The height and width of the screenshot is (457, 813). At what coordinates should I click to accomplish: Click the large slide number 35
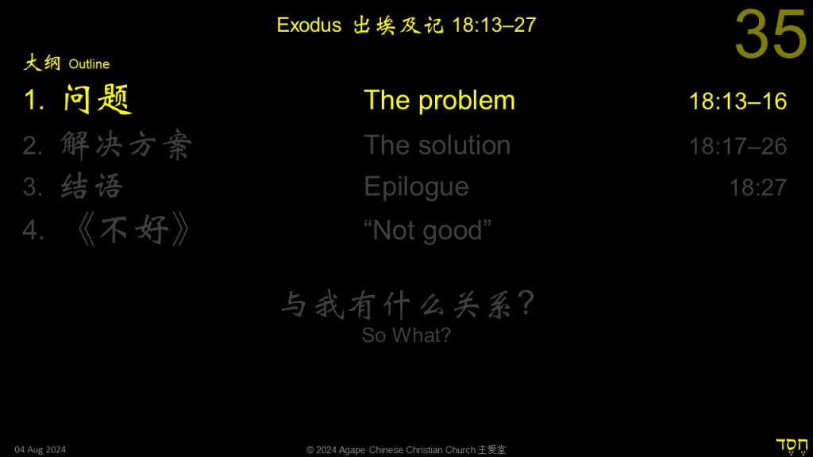coord(771,34)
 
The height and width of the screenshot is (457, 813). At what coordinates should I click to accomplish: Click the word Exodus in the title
coord(309,25)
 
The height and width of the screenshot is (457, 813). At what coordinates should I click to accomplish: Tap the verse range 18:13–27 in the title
coord(494,25)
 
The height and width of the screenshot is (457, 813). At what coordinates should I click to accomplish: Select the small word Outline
coord(89,64)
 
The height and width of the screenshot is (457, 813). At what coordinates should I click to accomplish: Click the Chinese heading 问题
coord(97,99)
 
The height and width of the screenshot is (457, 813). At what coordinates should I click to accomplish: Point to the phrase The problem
coord(439,100)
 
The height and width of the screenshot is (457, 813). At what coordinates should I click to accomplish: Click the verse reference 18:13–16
coord(738,102)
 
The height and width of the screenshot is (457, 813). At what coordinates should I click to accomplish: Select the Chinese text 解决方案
coord(126,144)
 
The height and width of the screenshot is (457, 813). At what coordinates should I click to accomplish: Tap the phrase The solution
coord(437,145)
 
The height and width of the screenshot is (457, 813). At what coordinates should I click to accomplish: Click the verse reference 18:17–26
coord(738,146)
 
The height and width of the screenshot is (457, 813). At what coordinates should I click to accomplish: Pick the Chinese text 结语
coord(92,186)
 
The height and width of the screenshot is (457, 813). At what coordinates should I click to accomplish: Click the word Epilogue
coord(416,187)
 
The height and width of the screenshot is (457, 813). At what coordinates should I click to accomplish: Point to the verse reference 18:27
coord(758,187)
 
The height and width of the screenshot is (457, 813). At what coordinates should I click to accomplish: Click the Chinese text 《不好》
coord(133,229)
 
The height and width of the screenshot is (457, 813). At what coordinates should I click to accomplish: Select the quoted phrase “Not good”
coord(427,230)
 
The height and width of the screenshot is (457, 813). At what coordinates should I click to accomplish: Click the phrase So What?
coord(406,336)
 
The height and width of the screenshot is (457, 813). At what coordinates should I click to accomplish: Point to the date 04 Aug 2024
coord(40,450)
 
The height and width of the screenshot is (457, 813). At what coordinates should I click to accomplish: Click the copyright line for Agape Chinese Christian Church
coord(406,450)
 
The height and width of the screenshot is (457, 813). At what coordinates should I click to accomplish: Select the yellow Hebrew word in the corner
coord(792,446)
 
